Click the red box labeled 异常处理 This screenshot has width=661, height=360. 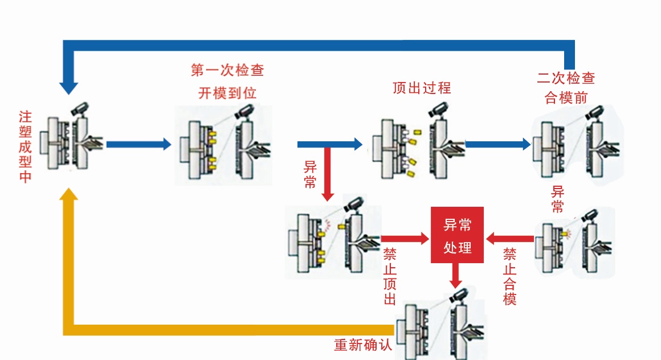457,235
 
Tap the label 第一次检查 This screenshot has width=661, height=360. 227,71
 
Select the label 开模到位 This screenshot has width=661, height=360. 227,93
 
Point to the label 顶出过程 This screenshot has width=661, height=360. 422,88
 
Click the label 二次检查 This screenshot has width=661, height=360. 566,78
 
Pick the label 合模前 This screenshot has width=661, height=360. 566,97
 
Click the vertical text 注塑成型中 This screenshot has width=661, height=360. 25,146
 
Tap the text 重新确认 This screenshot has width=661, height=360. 363,345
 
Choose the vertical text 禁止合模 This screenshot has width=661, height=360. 510,276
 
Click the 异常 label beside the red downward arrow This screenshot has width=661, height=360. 310,174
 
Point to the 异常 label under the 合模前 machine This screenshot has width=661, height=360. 557,199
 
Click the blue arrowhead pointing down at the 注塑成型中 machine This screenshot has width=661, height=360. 69,88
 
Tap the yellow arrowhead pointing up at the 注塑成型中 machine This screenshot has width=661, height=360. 69,195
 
